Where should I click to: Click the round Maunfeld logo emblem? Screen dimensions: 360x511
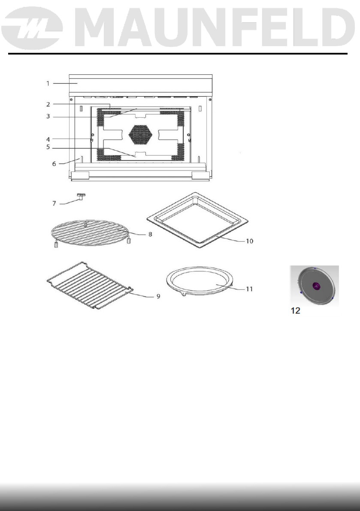pyautogui.click(x=32, y=28)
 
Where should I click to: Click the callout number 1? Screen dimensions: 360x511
pyautogui.click(x=48, y=83)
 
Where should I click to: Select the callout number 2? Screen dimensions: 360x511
pyautogui.click(x=48, y=104)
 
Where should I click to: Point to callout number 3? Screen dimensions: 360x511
pyautogui.click(x=48, y=116)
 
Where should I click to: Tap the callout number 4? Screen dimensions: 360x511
pyautogui.click(x=48, y=139)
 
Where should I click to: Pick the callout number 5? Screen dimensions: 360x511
pyautogui.click(x=48, y=147)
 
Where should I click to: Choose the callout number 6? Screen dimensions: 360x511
pyautogui.click(x=54, y=164)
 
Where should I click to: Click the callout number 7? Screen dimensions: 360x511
pyautogui.click(x=54, y=204)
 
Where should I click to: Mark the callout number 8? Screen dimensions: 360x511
pyautogui.click(x=150, y=234)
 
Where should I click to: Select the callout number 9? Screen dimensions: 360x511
pyautogui.click(x=158, y=296)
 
